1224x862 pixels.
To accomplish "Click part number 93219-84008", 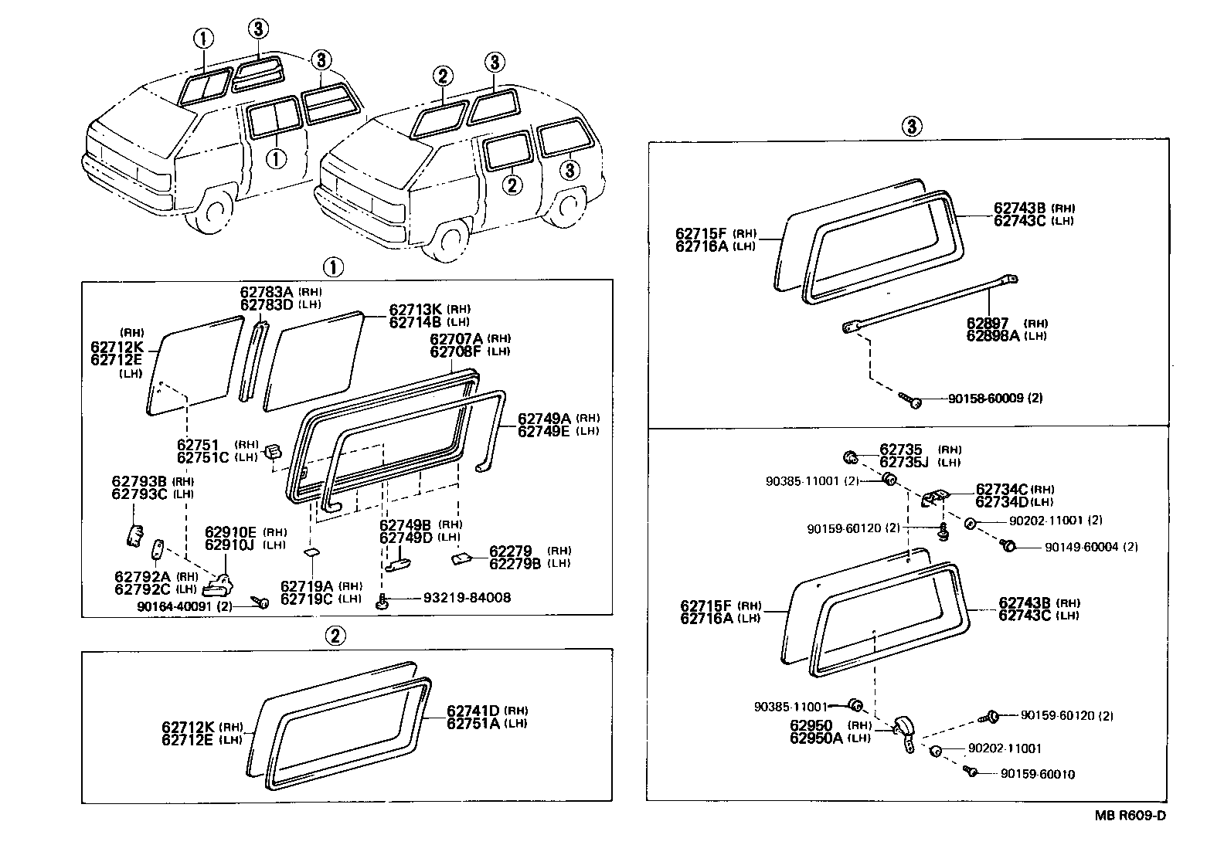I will click(466, 598).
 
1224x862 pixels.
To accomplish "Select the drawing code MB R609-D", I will click(1129, 816).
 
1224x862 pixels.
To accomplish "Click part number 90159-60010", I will click(1037, 774).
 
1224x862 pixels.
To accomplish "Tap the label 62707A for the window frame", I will click(457, 339).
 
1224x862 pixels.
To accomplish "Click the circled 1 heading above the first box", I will click(332, 267).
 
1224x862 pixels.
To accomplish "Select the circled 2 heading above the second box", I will click(334, 636).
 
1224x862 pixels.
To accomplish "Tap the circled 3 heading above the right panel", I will click(912, 126).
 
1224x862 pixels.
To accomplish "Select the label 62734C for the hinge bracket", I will click(1001, 489).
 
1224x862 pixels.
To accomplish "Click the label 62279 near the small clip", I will click(511, 551).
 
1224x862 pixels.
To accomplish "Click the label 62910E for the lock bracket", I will click(230, 532).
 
